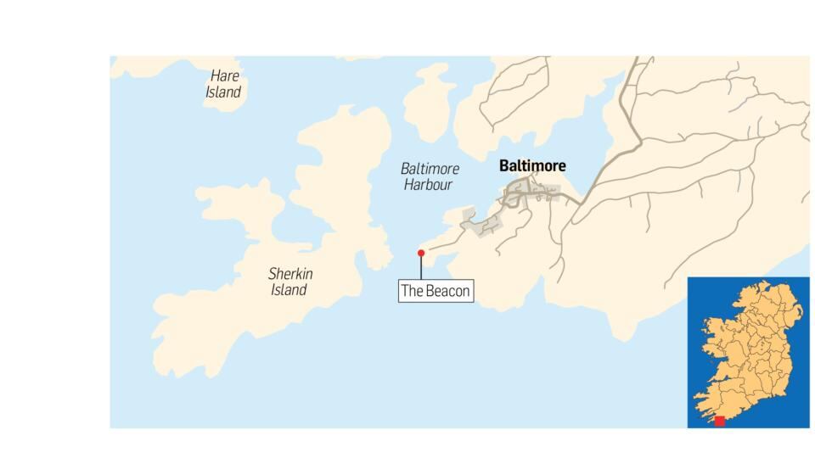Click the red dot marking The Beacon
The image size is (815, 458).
(421, 252)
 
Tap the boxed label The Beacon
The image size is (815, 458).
(436, 291)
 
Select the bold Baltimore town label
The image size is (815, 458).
(532, 166)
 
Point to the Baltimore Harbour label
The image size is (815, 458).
(430, 176)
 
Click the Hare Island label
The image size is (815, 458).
(224, 84)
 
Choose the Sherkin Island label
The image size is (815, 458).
(290, 282)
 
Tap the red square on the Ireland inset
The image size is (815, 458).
(720, 421)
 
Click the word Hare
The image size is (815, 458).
(225, 76)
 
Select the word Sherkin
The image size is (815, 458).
(291, 274)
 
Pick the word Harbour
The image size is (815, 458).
(428, 185)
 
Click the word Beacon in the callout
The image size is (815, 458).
(447, 291)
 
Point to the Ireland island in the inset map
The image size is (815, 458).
(747, 348)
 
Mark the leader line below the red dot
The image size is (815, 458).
(421, 267)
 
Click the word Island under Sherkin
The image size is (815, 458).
(289, 290)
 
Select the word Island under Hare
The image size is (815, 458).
(223, 92)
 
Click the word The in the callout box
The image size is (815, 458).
(412, 291)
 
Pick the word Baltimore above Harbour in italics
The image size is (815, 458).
(430, 169)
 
